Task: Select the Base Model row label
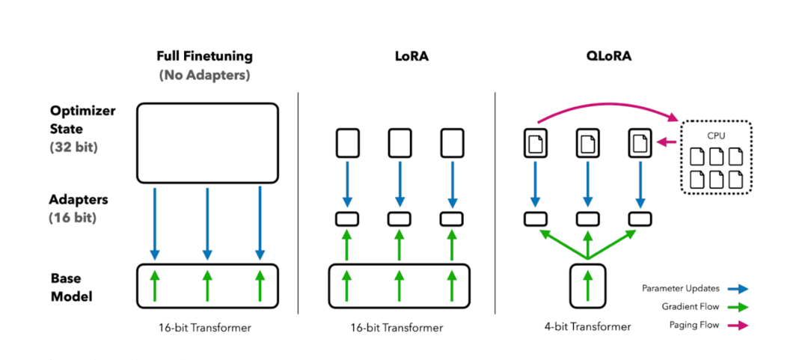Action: click(x=72, y=286)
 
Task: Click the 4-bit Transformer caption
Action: click(x=587, y=327)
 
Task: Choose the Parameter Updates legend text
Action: click(x=679, y=288)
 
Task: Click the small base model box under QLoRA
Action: click(x=587, y=285)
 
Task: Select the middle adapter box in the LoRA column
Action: click(x=400, y=219)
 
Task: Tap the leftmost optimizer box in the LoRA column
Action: click(x=347, y=142)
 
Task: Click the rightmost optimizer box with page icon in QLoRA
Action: click(x=640, y=142)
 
